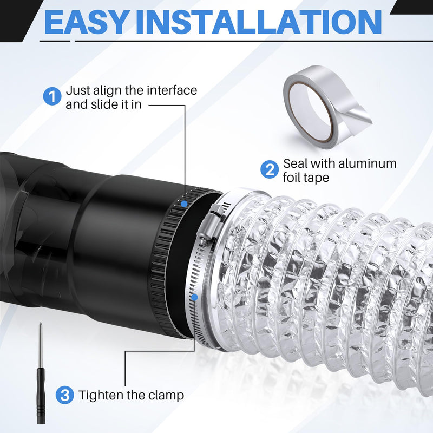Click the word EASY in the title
coord(86,22)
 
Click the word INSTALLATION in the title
coord(259,22)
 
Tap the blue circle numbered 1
coord(52,96)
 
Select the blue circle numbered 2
coord(270,169)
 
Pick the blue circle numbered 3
coord(64,395)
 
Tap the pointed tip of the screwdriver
coord(41,324)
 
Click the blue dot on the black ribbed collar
coord(184,204)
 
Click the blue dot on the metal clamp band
coord(194,297)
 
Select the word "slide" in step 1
coord(100,104)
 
